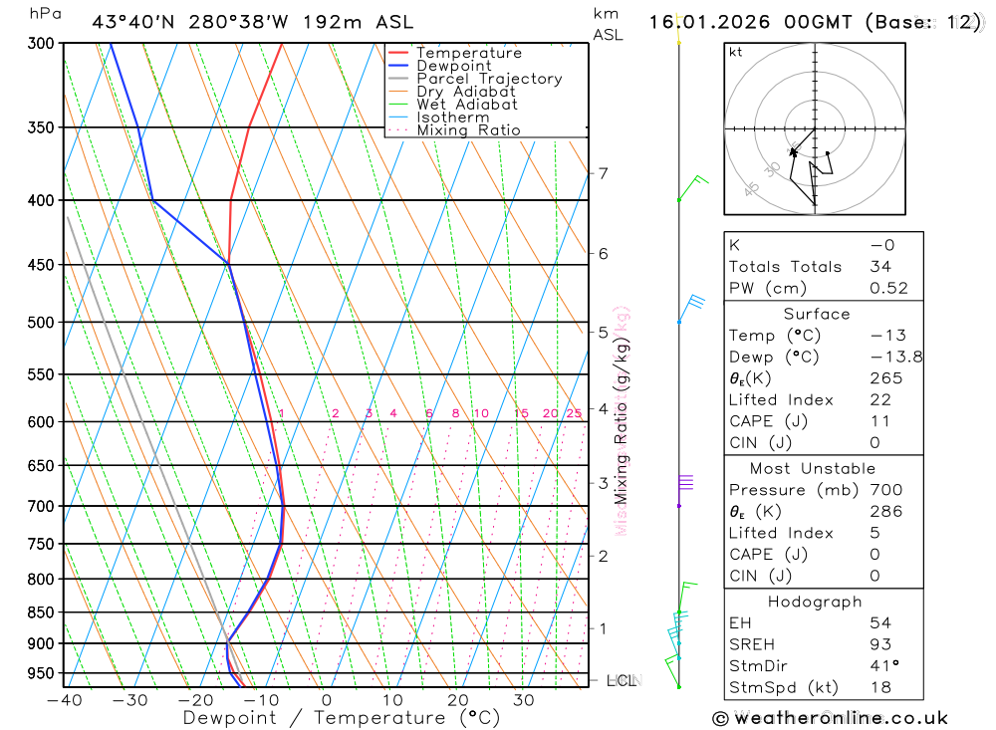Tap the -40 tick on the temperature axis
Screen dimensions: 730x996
coord(64,700)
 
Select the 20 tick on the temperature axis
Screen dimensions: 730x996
coord(457,700)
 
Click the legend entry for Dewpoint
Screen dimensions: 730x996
coord(453,66)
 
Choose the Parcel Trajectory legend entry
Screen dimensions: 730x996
coord(489,79)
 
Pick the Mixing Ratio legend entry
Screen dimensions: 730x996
coord(468,130)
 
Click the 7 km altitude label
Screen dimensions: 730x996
coord(604,173)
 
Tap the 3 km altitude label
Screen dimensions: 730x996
coord(604,483)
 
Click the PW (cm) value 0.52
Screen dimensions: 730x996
coord(888,288)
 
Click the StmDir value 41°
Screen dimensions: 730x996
coord(884,665)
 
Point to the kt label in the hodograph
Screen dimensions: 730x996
coord(736,52)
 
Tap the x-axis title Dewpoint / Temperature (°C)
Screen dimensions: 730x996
coord(342,718)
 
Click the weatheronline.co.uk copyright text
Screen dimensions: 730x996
coord(831,718)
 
